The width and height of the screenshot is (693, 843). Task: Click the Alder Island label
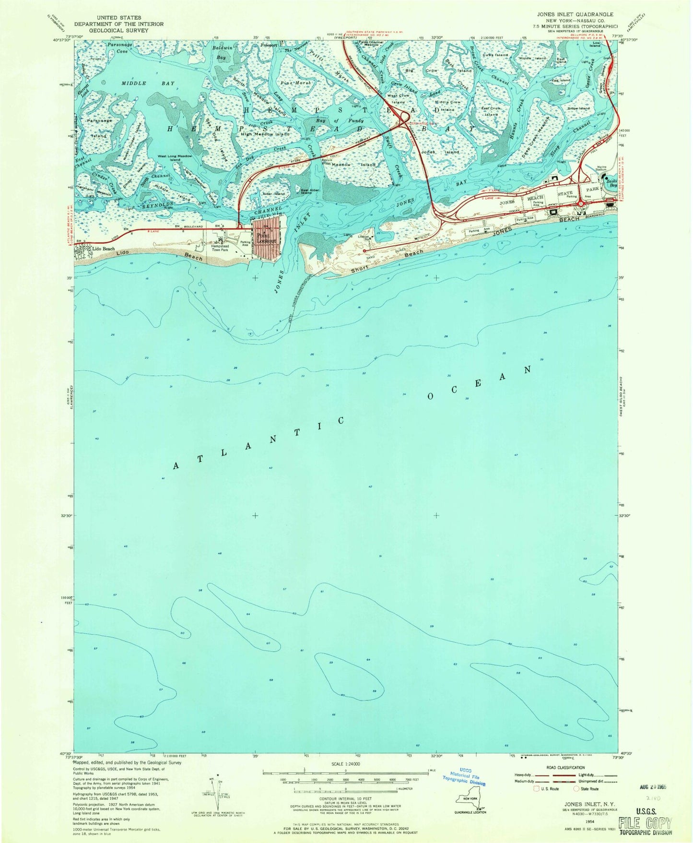[x=273, y=194]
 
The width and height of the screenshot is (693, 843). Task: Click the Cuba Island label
[x=495, y=55]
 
